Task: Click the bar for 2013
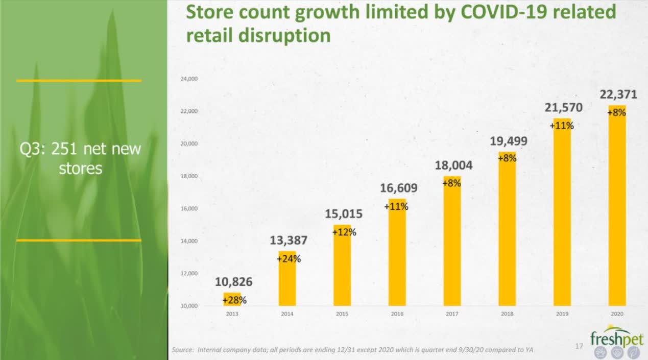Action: [x=232, y=299]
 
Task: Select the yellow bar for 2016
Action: [x=397, y=252]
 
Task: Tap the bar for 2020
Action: [x=617, y=205]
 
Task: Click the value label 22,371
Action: [x=618, y=94]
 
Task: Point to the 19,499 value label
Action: [x=508, y=141]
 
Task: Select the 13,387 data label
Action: [x=289, y=241]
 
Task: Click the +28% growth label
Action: [x=234, y=300]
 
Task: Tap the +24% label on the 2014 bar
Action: [x=289, y=259]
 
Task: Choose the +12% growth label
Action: [x=344, y=232]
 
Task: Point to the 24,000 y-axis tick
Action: [x=189, y=79]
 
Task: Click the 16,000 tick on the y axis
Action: [x=189, y=209]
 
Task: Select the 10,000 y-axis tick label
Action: [x=189, y=306]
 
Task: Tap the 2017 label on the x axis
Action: [x=452, y=314]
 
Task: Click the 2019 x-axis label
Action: [x=562, y=314]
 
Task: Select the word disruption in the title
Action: [x=284, y=36]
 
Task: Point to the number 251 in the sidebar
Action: [x=64, y=149]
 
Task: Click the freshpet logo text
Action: [x=616, y=338]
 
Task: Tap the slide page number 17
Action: [x=579, y=346]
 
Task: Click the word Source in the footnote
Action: [x=183, y=350]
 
